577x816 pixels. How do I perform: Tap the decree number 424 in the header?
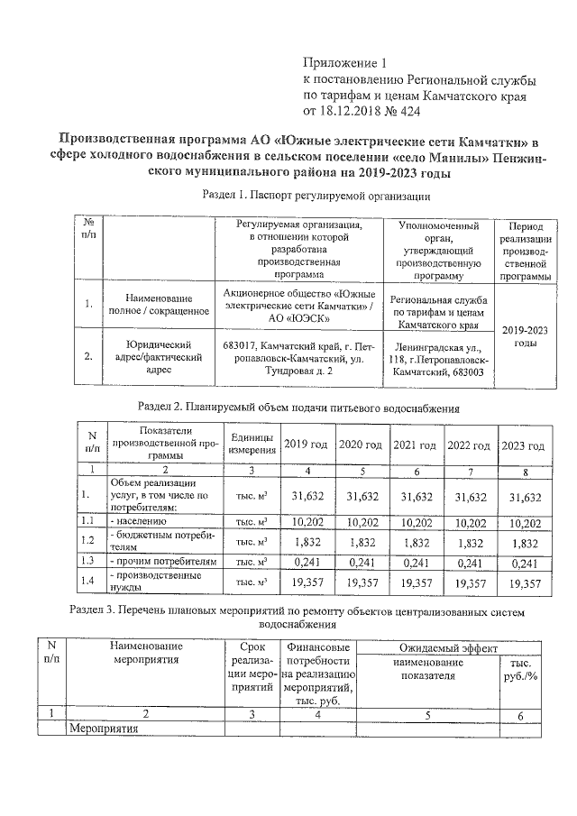pyautogui.click(x=407, y=111)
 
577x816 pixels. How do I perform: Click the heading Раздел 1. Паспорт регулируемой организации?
pyautogui.click(x=316, y=195)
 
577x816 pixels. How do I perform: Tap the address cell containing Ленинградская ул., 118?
pyautogui.click(x=438, y=359)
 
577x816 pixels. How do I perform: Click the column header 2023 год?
pyautogui.click(x=523, y=446)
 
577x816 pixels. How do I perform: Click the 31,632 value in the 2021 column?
pyautogui.click(x=417, y=496)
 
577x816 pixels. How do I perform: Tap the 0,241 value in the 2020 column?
pyautogui.click(x=361, y=561)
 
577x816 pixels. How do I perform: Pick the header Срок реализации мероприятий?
pyautogui.click(x=252, y=666)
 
